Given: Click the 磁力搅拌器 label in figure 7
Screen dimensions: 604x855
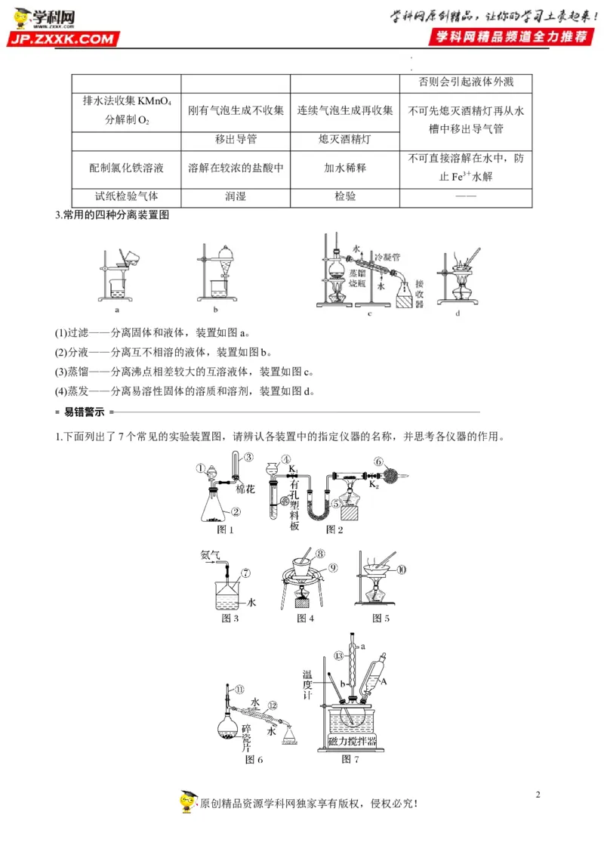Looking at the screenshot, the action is pos(354,741).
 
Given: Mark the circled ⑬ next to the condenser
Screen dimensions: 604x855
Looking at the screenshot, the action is pos(339,654).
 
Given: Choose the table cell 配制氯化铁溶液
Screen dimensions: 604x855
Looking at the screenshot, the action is pos(126,167).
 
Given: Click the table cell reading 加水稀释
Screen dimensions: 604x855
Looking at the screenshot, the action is pos(344,167).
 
